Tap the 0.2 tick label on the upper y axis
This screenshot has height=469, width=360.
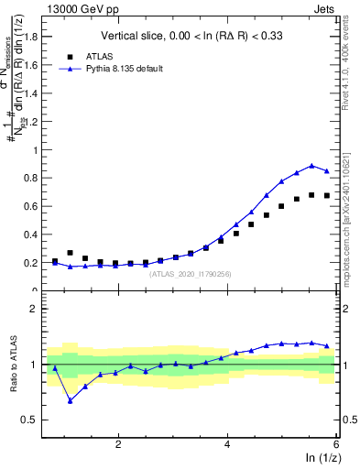(29, 263)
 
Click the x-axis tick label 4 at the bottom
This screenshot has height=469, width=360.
(227, 443)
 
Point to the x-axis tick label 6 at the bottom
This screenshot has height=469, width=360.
(336, 443)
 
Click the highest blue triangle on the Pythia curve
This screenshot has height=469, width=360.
(311, 166)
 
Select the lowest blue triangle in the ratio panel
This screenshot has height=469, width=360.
(70, 400)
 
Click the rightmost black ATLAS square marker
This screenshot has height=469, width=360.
(326, 195)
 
